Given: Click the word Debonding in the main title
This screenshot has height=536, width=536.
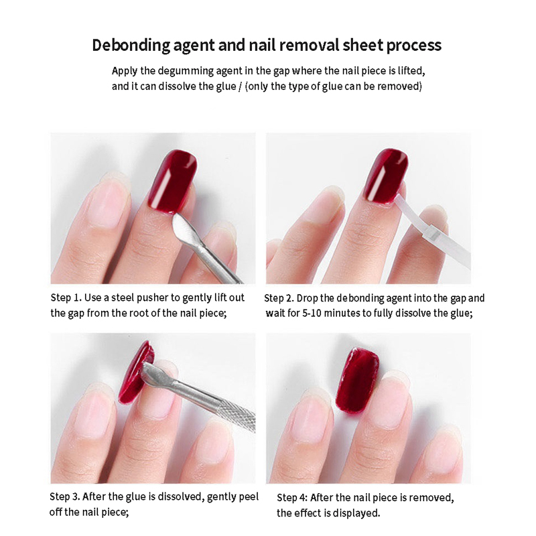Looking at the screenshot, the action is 131,46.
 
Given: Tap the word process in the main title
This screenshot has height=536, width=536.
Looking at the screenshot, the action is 413,46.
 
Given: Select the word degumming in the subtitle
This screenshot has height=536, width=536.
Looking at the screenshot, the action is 186,72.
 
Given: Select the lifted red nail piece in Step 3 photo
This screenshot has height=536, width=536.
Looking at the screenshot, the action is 137,373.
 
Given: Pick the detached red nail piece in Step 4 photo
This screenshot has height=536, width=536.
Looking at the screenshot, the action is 357,379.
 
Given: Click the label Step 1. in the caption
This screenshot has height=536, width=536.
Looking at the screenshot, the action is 66,298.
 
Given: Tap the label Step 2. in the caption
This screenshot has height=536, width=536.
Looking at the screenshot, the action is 279,298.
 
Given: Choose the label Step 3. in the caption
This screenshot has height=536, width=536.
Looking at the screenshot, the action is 64,496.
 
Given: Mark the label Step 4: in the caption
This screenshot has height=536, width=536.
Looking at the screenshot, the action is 292,498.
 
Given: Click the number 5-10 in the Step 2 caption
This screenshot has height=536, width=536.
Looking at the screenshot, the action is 312,313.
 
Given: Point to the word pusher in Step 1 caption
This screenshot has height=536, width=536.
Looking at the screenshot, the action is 151,298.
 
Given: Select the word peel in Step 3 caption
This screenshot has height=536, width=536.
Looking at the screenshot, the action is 249,497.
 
